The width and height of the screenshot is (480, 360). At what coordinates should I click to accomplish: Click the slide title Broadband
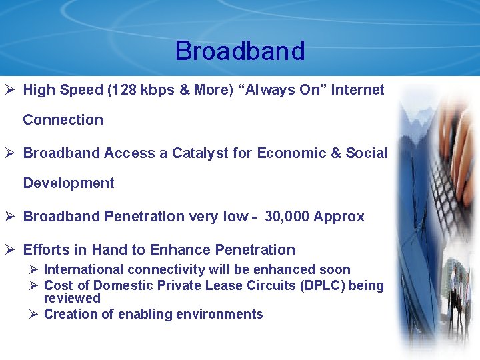240,51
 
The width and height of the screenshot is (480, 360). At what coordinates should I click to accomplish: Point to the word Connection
63,120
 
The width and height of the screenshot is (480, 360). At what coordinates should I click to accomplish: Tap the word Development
69,183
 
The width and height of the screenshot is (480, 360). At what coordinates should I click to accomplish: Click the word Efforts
46,250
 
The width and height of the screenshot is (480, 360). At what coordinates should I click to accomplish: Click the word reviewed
72,299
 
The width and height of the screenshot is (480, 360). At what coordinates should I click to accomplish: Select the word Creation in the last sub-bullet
69,315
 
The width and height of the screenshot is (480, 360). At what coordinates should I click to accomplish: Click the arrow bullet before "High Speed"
11,90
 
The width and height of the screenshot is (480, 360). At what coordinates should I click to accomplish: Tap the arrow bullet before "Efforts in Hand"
11,250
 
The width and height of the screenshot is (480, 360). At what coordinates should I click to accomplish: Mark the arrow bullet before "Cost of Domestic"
33,286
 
